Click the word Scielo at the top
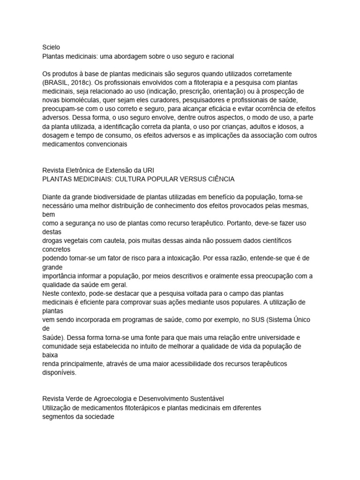[51, 47]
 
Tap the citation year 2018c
[87, 83]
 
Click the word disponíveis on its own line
[59, 373]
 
